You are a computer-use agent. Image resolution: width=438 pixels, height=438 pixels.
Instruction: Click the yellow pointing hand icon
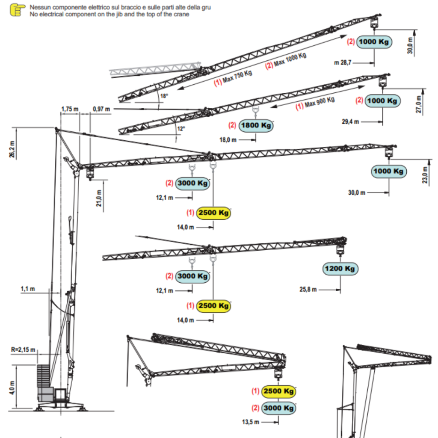click(x=17, y=10)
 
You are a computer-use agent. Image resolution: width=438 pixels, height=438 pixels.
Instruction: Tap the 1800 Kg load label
click(x=256, y=125)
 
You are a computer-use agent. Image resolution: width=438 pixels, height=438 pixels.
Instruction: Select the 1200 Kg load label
click(x=340, y=269)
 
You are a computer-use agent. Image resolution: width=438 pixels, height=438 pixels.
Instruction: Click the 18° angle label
click(x=164, y=96)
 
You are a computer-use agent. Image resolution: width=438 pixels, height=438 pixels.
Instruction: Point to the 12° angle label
click(x=181, y=129)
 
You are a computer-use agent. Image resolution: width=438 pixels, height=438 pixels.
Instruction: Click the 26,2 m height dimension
click(x=12, y=149)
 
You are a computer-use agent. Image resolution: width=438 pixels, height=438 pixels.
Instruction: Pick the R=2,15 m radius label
click(x=23, y=349)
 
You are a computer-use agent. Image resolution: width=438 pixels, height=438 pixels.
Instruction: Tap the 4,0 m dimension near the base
click(x=12, y=388)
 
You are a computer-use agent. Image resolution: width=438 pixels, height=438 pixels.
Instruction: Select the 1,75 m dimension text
click(x=70, y=109)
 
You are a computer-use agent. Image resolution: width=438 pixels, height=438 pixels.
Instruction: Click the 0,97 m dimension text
click(x=101, y=109)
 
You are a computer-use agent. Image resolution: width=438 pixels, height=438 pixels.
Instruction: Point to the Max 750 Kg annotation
click(x=233, y=78)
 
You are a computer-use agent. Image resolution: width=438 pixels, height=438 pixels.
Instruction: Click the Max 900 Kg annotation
click(x=315, y=104)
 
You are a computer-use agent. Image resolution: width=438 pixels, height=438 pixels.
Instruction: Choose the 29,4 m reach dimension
click(x=350, y=122)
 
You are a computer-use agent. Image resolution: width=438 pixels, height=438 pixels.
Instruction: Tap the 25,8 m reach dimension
click(x=308, y=290)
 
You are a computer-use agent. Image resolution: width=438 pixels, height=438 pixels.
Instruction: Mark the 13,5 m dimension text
click(x=251, y=422)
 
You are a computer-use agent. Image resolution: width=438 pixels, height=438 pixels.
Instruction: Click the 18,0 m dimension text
click(x=228, y=140)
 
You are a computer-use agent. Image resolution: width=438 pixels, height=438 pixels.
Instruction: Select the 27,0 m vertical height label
click(x=418, y=104)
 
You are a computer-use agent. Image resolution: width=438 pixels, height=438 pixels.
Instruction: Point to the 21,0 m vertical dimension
click(x=99, y=198)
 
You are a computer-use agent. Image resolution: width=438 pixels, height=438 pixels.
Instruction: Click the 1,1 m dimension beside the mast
click(x=28, y=289)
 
